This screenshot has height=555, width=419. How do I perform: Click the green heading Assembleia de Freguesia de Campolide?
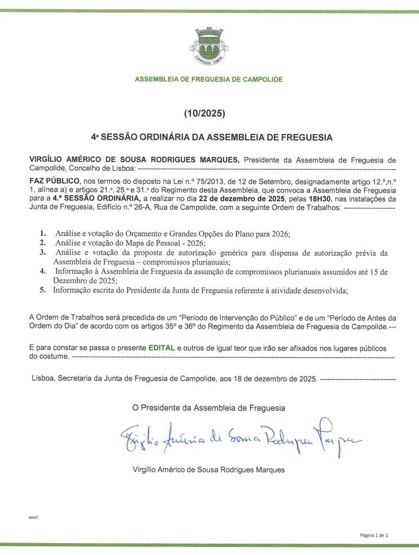click(x=209, y=79)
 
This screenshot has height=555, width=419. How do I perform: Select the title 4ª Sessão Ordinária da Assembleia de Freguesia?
click(x=212, y=138)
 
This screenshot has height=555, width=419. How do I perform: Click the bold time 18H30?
click(x=312, y=199)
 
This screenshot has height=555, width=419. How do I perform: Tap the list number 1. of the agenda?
click(x=42, y=233)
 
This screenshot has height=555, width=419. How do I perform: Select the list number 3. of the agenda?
click(x=42, y=253)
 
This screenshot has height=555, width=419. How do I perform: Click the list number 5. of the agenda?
click(x=42, y=290)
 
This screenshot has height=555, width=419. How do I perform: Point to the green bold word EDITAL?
click(x=162, y=347)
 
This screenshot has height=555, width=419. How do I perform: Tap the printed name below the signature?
click(x=208, y=470)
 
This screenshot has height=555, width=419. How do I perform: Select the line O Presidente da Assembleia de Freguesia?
click(x=208, y=408)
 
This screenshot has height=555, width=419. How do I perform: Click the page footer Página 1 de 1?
click(x=374, y=535)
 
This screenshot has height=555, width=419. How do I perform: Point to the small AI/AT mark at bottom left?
click(x=33, y=517)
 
